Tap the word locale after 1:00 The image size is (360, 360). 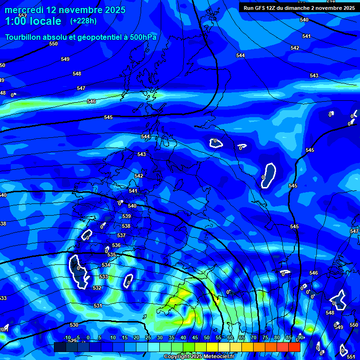(x=45, y=21)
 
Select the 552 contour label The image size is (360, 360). (x=22, y=15)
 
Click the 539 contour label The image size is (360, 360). (x=127, y=216)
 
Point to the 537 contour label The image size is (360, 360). (x=121, y=235)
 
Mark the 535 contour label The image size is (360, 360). (x=112, y=255)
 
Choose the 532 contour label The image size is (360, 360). (x=97, y=288)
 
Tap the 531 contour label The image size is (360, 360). (x=97, y=306)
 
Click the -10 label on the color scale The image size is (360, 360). (x=67, y=337)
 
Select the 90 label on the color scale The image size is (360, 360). (x=300, y=337)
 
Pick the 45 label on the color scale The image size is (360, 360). (x=195, y=337)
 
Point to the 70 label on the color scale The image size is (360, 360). (x=254, y=337)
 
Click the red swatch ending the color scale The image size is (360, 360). (x=294, y=347)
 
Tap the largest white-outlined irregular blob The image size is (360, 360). (x=78, y=270)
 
